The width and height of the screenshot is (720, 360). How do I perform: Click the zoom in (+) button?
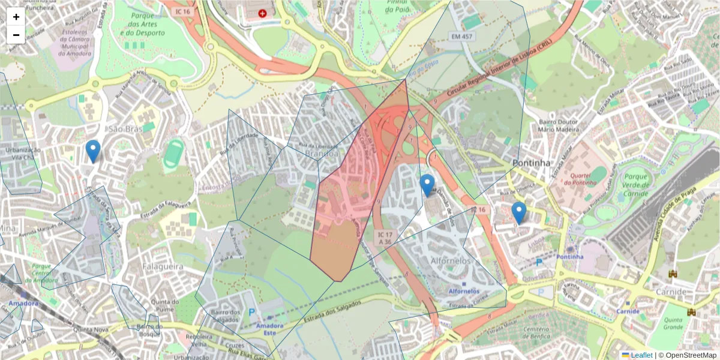click(16, 17)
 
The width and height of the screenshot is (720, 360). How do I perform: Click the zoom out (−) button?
click(16, 35)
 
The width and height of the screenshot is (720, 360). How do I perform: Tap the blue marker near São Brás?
click(92, 151)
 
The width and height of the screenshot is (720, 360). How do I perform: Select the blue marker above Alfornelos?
click(427, 185)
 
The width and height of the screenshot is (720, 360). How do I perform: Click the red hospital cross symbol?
click(262, 13)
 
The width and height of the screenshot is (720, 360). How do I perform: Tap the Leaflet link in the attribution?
click(641, 355)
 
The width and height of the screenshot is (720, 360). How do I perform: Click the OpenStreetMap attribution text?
click(688, 355)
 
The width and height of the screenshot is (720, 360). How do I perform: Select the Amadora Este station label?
click(269, 329)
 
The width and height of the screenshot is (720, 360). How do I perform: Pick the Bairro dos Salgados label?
click(226, 316)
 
